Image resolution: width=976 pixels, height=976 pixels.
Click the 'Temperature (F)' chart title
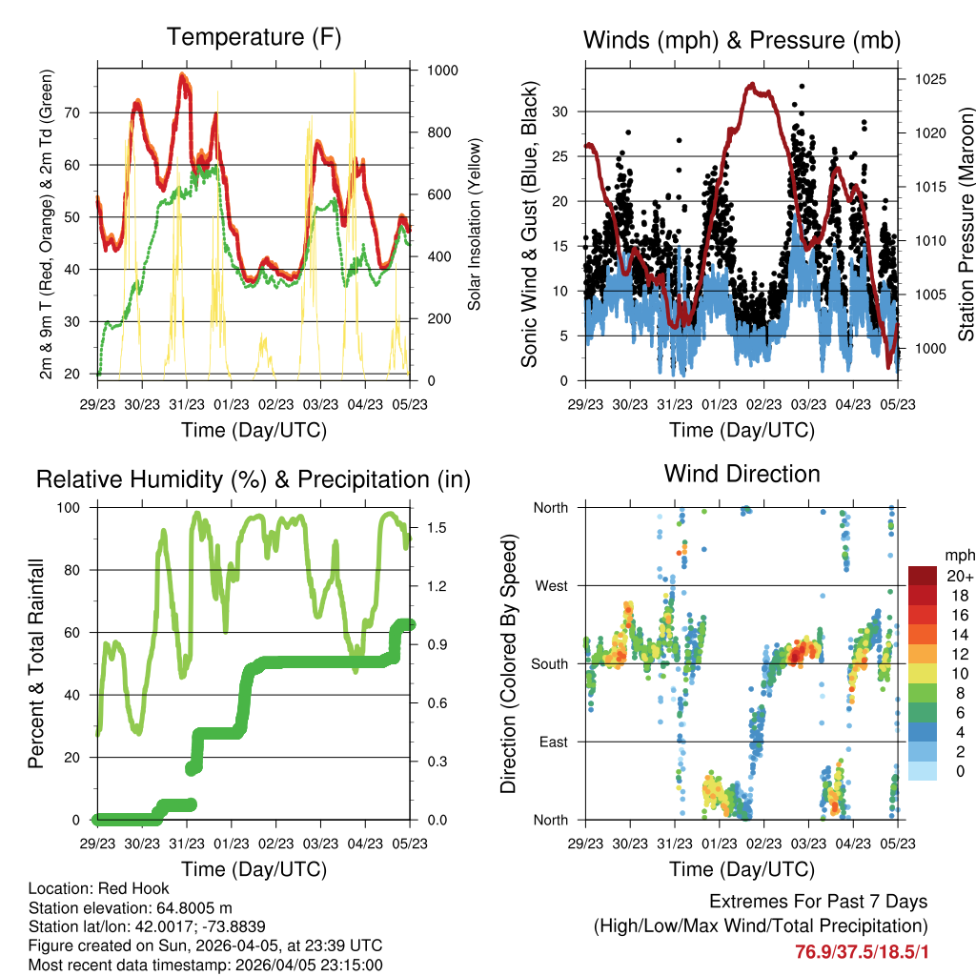[254, 38]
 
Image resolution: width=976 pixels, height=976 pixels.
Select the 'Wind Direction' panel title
[742, 474]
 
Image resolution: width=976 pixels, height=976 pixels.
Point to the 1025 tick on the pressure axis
[929, 79]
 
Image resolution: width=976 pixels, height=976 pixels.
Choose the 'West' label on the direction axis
[550, 585]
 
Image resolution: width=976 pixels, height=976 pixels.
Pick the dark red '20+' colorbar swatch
[925, 576]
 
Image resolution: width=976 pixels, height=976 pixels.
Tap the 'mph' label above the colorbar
[958, 555]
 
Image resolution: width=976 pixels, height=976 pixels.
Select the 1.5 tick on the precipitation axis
[427, 527]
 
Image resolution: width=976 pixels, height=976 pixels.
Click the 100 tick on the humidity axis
[76, 507]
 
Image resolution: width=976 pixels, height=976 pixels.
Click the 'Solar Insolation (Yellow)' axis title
[474, 224]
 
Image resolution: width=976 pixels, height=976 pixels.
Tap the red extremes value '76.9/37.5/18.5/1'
[861, 951]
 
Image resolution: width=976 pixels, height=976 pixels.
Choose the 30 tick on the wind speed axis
[561, 112]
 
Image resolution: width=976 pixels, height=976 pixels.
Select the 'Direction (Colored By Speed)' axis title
[508, 663]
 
